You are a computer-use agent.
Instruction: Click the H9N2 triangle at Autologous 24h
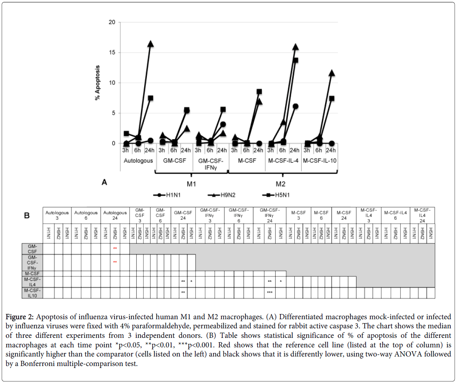[x=150, y=44]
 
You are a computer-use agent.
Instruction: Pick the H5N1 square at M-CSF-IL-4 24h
[x=295, y=60]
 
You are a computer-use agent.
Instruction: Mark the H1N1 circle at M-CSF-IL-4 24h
[x=295, y=106]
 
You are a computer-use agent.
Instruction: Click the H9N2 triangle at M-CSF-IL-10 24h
[x=331, y=73]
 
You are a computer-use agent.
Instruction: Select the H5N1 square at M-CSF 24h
[x=259, y=92]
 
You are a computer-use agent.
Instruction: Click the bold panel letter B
[x=27, y=216]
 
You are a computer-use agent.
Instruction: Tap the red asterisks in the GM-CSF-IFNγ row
[x=115, y=262]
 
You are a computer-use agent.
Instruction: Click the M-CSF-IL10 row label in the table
[x=32, y=292]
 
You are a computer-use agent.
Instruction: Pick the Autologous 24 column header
[x=115, y=215]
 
